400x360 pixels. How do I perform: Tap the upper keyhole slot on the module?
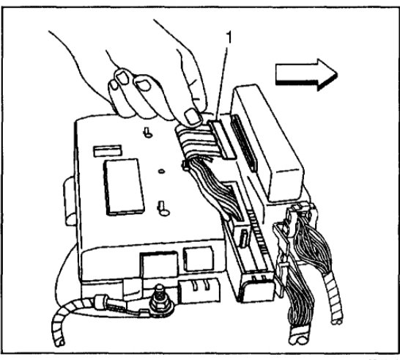point(148,133)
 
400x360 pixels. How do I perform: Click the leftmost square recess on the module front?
point(156,262)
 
